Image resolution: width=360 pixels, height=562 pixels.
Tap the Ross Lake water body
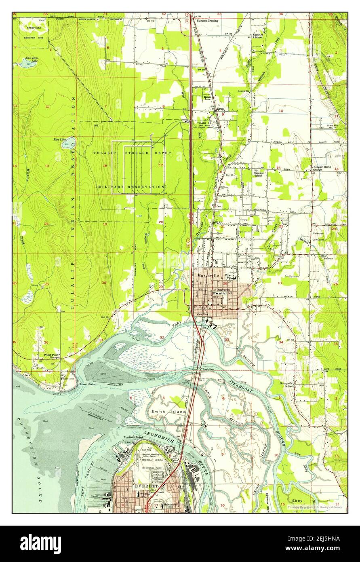pos(67,143)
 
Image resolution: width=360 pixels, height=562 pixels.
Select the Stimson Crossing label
pos(207,20)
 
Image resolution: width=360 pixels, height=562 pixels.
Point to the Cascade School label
pos(259,174)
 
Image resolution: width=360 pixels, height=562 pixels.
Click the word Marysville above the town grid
pos(208,275)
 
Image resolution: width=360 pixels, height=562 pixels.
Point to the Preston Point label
pos(134,437)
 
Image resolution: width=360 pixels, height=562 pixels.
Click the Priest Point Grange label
pos(52,356)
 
